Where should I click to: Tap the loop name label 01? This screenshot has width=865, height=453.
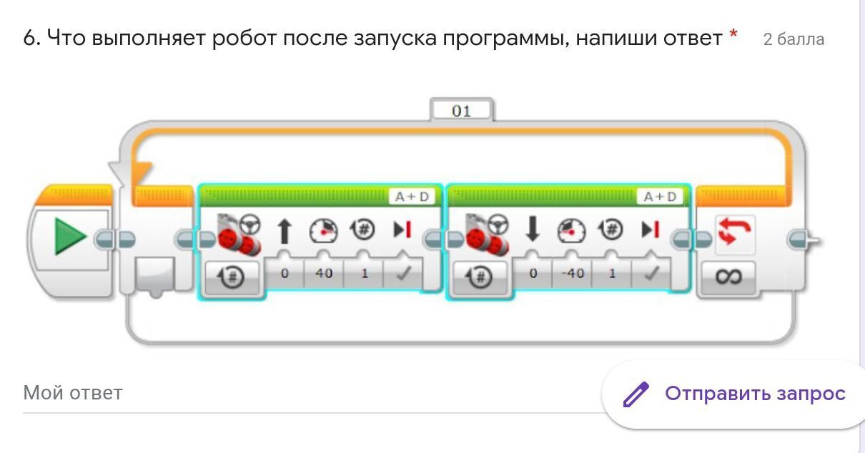click(462, 111)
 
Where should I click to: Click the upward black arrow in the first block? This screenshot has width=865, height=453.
click(285, 232)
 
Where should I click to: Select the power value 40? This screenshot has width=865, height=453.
click(324, 273)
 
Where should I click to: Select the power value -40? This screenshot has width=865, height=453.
click(573, 273)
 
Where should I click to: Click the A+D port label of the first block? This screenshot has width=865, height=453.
click(411, 196)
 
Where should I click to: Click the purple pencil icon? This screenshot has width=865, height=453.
click(635, 394)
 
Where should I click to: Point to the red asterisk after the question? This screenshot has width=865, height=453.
click(733, 34)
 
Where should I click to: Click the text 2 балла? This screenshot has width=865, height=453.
click(794, 39)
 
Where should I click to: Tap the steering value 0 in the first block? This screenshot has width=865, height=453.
click(285, 273)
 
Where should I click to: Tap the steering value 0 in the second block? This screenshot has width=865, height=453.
click(533, 273)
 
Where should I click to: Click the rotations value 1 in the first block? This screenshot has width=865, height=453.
click(364, 273)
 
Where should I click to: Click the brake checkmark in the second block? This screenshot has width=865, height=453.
click(651, 273)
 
